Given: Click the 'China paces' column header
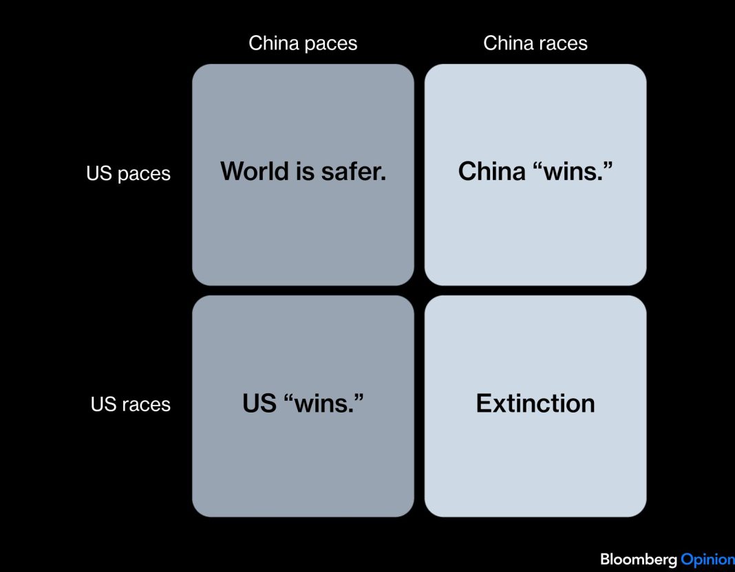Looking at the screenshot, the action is click(303, 43).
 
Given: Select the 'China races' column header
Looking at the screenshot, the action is click(535, 43).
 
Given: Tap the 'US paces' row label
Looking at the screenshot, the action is click(129, 174).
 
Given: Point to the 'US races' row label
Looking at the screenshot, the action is click(130, 404).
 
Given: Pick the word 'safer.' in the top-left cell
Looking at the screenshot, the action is click(354, 171).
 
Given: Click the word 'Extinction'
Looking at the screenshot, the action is click(535, 404).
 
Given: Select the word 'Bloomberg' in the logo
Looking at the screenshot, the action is click(639, 560).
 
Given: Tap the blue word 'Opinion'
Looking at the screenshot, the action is click(707, 560).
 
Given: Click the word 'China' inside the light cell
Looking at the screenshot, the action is click(491, 171).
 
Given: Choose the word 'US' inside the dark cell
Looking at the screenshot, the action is click(259, 404).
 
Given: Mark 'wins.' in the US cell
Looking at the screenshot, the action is click(324, 404).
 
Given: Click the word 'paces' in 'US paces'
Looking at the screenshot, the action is click(144, 175).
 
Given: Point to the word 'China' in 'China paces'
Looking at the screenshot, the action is click(274, 43).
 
